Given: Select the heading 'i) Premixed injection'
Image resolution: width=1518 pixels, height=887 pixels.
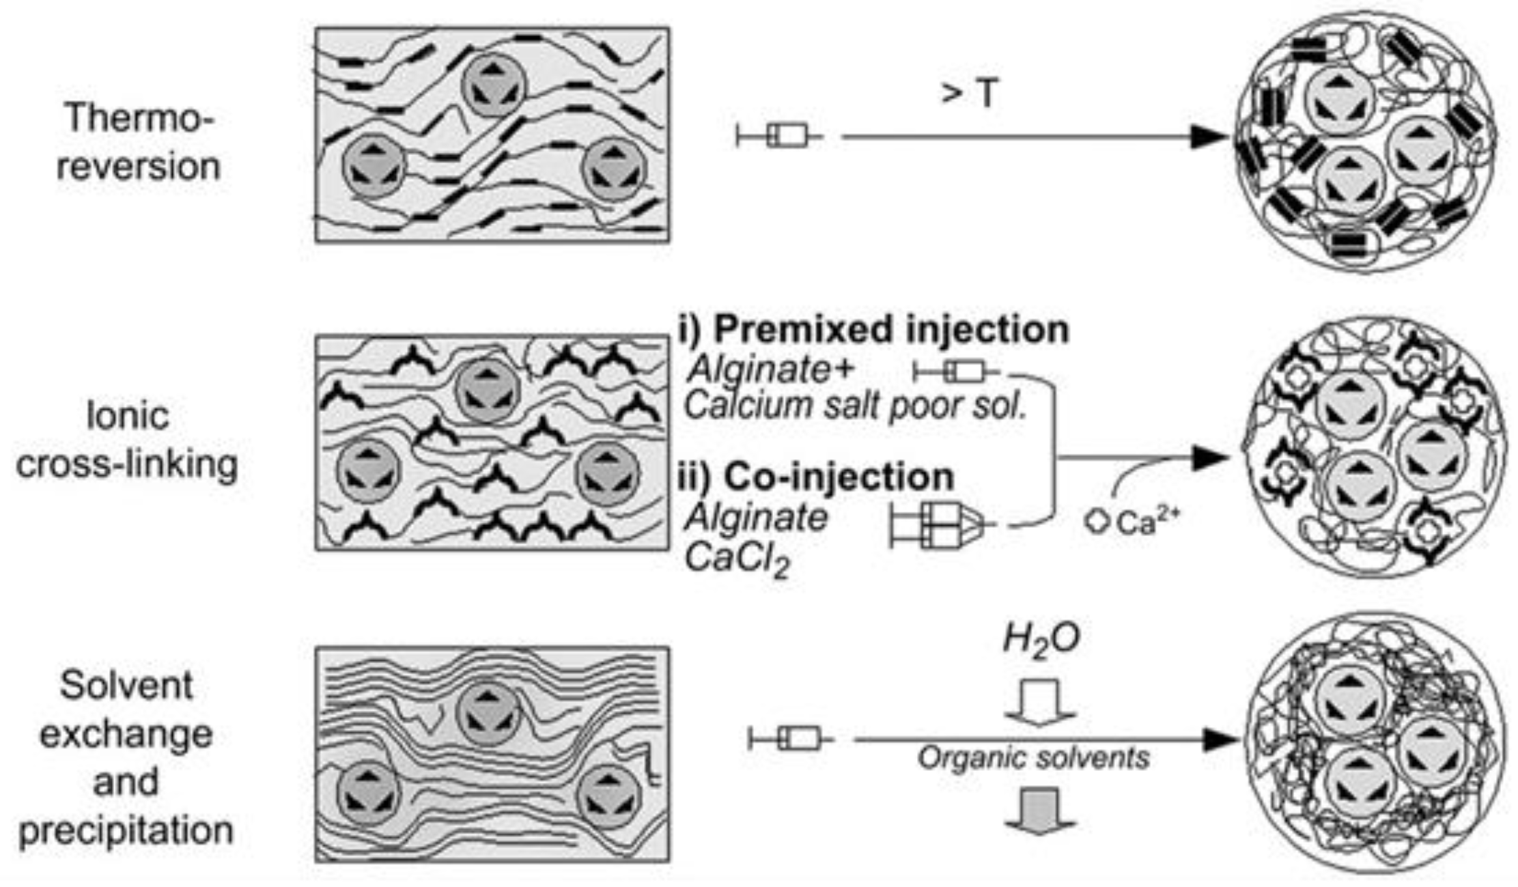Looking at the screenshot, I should tap(874, 329).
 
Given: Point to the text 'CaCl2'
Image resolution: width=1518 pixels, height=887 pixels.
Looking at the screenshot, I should tap(737, 560).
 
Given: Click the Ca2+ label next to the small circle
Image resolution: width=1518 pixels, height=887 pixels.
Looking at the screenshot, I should tap(1147, 522).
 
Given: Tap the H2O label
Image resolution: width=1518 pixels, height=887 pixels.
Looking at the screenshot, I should tap(1041, 640).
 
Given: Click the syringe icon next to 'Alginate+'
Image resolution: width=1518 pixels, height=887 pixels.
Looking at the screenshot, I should tap(957, 372).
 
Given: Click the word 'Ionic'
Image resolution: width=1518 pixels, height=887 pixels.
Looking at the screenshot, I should tap(128, 416).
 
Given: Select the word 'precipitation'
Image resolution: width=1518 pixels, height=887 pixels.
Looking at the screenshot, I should tap(126, 830).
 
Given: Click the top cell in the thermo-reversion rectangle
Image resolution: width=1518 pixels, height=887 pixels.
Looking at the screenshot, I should tap(494, 85).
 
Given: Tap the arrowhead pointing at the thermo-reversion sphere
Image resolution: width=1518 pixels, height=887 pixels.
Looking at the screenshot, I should tap(1209, 137).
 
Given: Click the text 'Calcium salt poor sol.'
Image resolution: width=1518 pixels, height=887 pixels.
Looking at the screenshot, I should tap(856, 406).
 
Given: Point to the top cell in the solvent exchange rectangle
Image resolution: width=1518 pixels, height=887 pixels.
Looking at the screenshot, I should tap(488, 715).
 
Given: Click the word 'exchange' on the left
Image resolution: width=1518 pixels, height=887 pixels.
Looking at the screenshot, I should tap(126, 734).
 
